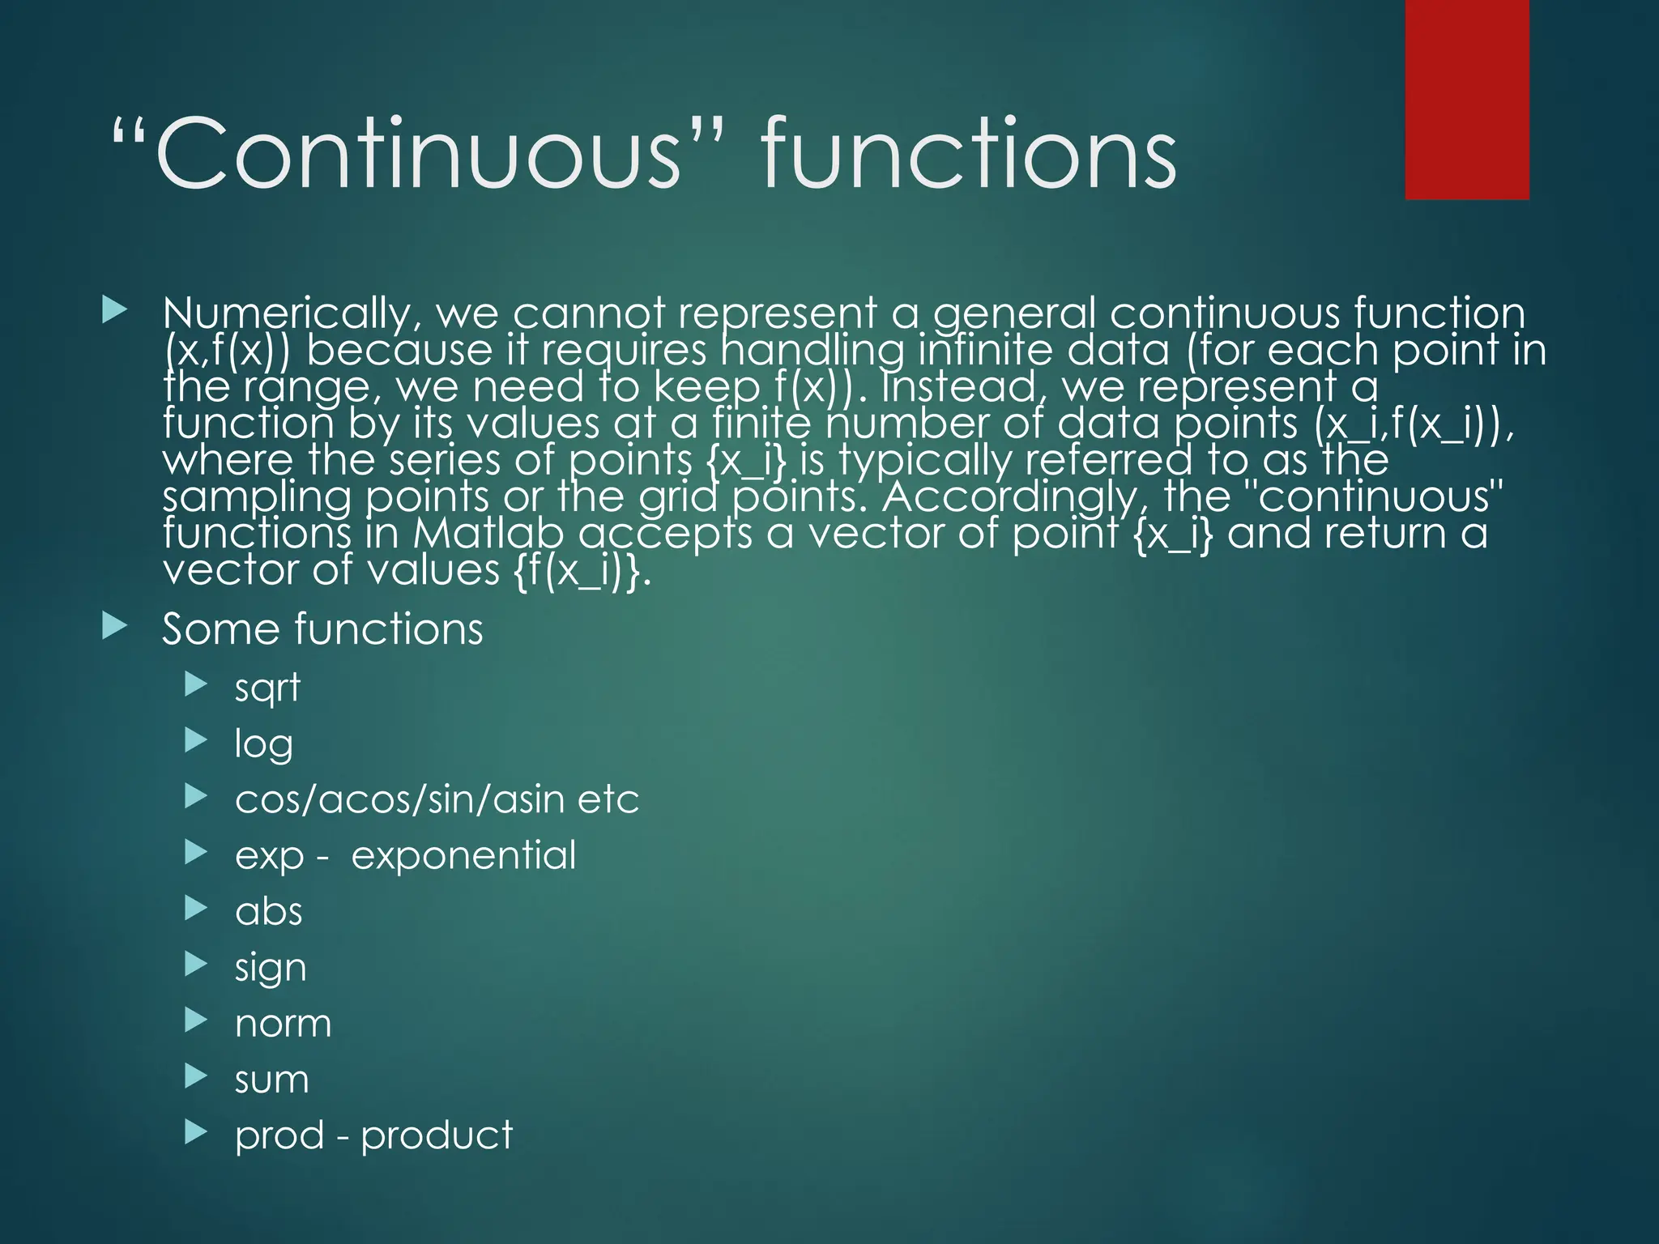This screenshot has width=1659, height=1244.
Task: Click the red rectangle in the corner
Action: pos(1467,99)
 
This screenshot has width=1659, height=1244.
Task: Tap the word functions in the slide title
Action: pos(968,153)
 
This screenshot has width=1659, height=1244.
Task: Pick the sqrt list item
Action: pos(267,688)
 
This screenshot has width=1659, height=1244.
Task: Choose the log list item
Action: pos(263,744)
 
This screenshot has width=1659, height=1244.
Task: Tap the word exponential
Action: pos(463,855)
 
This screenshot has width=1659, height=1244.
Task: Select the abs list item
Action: pos(268,911)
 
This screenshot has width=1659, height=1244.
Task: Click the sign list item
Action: pos(271,968)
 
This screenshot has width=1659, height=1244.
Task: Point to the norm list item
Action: pos(283,1024)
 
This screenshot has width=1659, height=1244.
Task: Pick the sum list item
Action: pos(271,1080)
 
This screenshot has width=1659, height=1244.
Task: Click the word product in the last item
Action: pos(437,1135)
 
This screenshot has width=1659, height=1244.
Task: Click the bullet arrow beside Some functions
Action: pos(115,626)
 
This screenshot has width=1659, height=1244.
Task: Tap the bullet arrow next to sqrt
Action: pos(196,685)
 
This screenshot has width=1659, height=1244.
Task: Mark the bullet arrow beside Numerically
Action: pos(115,310)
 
